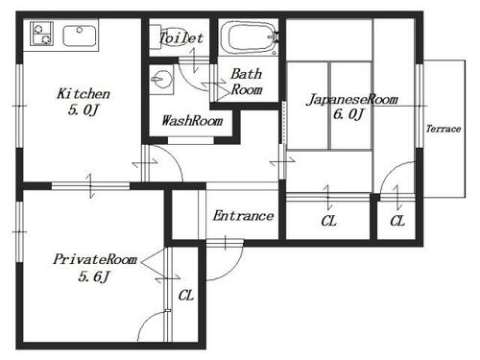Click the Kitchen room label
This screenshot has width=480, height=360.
pyautogui.click(x=84, y=94)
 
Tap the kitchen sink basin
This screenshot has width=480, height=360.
pyautogui.click(x=80, y=36)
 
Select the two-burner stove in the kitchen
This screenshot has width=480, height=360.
pyautogui.click(x=41, y=34)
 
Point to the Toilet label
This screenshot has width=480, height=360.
pyautogui.click(x=181, y=38)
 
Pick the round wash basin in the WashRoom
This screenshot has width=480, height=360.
pyautogui.click(x=161, y=79)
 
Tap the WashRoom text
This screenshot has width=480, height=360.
pyautogui.click(x=192, y=121)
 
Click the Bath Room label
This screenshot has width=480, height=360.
pyautogui.click(x=247, y=82)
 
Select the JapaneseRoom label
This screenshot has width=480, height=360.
pyautogui.click(x=352, y=99)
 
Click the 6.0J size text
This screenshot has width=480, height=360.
pyautogui.click(x=348, y=114)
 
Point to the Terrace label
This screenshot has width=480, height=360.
pyautogui.click(x=444, y=129)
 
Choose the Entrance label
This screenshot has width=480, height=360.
pyautogui.click(x=243, y=216)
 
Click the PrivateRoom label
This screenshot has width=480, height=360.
pyautogui.click(x=95, y=259)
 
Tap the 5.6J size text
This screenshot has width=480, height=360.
pyautogui.click(x=94, y=276)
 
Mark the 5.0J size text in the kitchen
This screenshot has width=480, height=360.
pyautogui.click(x=84, y=110)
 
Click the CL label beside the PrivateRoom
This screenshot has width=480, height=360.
pyautogui.click(x=186, y=296)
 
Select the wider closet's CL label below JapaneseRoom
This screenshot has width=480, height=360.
pyautogui.click(x=328, y=221)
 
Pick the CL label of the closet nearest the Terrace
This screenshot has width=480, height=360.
pyautogui.click(x=397, y=221)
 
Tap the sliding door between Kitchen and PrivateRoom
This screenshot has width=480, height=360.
pyautogui.click(x=90, y=186)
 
